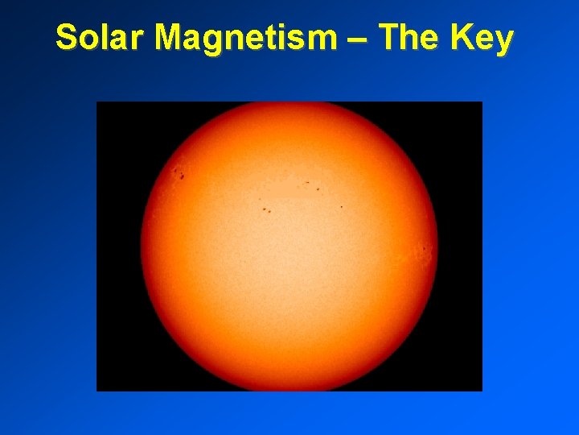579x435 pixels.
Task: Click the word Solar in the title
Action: tap(101, 37)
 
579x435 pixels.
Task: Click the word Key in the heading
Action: tap(481, 37)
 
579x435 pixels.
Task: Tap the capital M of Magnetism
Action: tap(172, 37)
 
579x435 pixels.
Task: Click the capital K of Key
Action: tap(461, 37)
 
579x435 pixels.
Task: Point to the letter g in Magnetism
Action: tap(216, 40)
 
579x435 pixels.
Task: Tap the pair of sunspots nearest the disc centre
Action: tap(266, 210)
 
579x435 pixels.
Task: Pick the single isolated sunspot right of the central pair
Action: tap(341, 206)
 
